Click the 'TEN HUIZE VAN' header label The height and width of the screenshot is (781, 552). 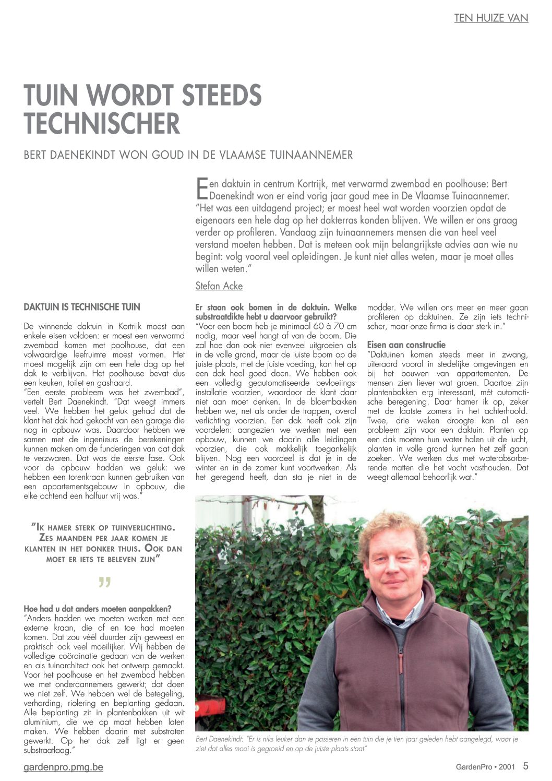point(491,18)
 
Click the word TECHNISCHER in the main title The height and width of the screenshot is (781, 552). point(102,124)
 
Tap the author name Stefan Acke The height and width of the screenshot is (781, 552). point(219,286)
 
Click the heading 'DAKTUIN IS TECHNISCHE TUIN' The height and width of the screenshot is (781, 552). point(82,307)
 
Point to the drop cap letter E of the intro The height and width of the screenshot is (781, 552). point(201,188)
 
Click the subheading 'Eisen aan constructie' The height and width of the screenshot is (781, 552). point(406,345)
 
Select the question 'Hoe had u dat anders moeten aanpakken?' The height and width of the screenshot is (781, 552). point(98,609)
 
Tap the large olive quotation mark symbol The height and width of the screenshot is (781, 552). point(104,582)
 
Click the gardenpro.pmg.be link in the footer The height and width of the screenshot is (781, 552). point(63,767)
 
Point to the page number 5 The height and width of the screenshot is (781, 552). point(525,766)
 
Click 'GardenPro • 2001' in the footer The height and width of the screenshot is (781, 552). point(485,767)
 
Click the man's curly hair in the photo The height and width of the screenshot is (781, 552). point(392,527)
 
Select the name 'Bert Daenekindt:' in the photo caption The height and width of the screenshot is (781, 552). point(220,739)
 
